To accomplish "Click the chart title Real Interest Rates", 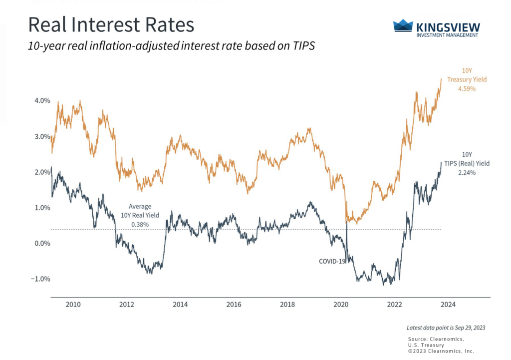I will pyautogui.click(x=110, y=25).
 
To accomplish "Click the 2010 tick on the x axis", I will pyautogui.click(x=73, y=304).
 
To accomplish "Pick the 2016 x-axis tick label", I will pyautogui.click(x=234, y=304).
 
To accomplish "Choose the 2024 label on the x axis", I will pyautogui.click(x=448, y=304).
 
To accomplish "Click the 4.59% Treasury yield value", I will pyautogui.click(x=466, y=89).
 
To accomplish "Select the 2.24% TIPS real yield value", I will pyautogui.click(x=466, y=173).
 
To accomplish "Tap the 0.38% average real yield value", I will pyautogui.click(x=140, y=225).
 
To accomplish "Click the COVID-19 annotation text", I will pyautogui.click(x=332, y=261).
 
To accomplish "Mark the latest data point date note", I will pyautogui.click(x=445, y=328).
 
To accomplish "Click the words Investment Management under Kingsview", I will pyautogui.click(x=447, y=35).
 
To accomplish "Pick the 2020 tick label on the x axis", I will pyautogui.click(x=341, y=304).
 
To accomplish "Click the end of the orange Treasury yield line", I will pyautogui.click(x=441, y=78).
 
